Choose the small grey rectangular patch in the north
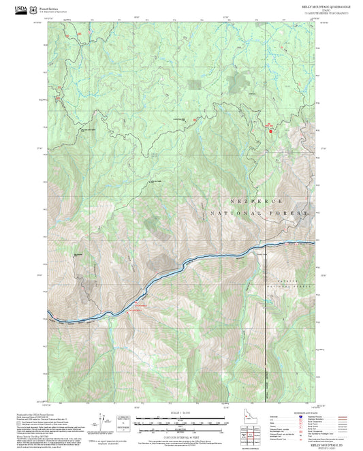(x=195, y=84)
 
